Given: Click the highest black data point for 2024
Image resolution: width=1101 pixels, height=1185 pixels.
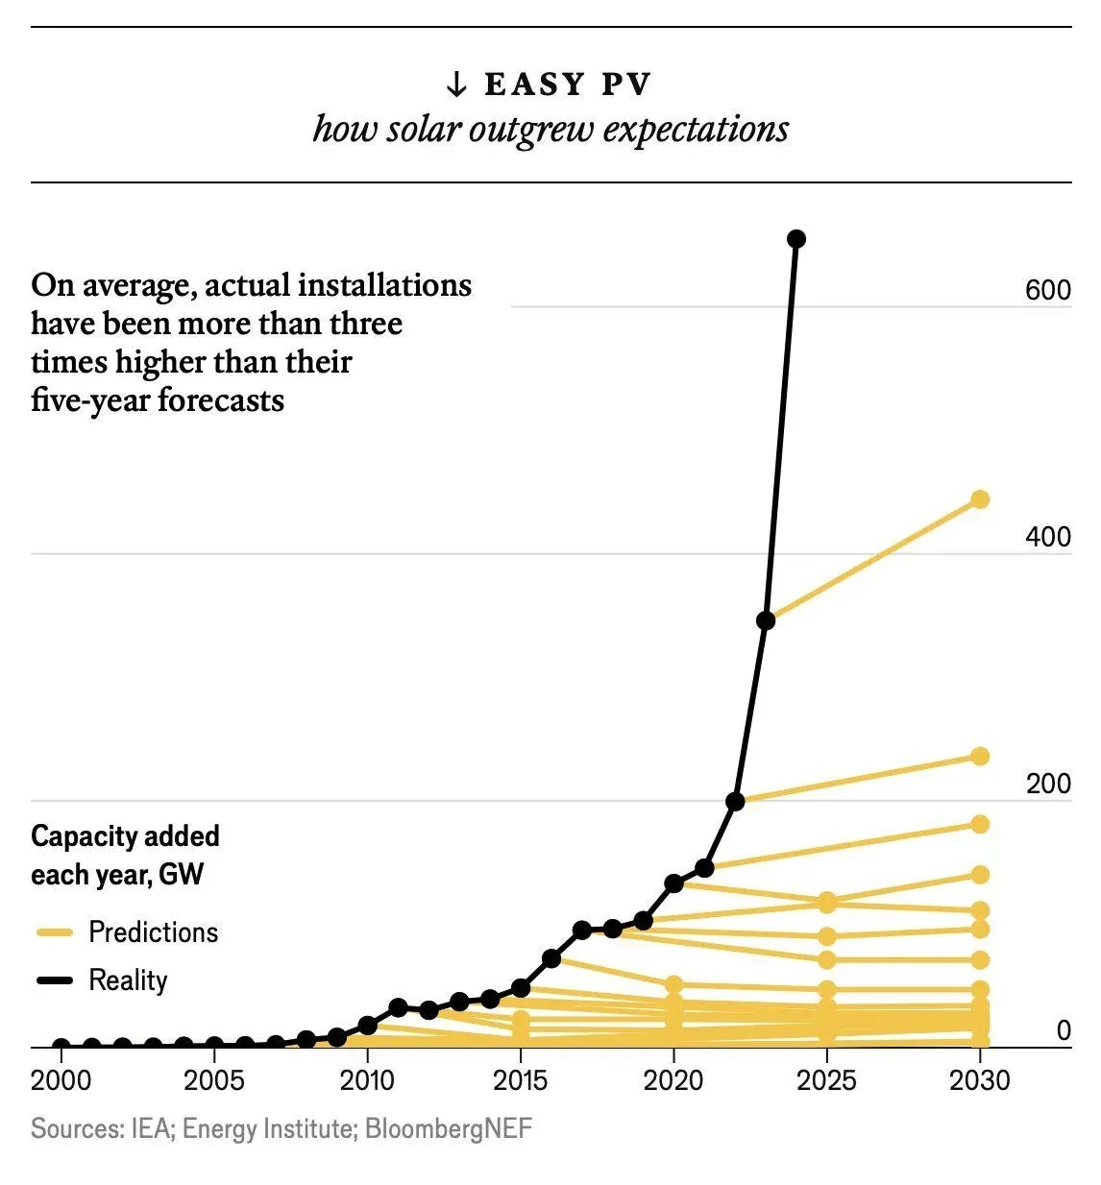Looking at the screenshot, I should click(x=795, y=239).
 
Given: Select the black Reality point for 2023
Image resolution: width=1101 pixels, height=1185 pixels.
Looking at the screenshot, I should click(x=766, y=620).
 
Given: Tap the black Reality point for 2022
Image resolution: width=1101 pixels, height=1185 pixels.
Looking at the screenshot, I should click(x=735, y=801).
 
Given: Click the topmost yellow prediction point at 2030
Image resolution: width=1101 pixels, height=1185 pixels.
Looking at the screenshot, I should click(x=980, y=499).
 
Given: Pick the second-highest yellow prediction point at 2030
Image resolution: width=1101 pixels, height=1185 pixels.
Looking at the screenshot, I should click(x=980, y=757).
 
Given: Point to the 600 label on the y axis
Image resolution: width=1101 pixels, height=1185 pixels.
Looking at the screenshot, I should click(x=1047, y=290).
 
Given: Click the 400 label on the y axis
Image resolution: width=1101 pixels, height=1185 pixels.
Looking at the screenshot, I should click(x=1047, y=537).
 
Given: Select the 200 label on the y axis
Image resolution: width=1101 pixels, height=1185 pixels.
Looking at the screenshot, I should click(x=1047, y=784).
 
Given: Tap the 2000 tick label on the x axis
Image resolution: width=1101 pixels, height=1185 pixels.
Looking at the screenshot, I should click(x=61, y=1080).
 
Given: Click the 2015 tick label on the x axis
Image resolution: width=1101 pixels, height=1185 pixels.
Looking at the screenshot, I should click(x=520, y=1080).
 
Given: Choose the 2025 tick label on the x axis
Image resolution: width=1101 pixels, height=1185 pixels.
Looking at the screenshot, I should click(x=826, y=1080).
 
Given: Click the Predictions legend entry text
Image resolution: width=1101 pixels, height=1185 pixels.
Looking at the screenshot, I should click(x=153, y=932).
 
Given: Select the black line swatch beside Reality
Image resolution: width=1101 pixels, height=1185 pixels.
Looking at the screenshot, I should click(x=55, y=980).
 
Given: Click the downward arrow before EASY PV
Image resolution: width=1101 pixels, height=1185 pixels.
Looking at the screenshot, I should click(x=456, y=85).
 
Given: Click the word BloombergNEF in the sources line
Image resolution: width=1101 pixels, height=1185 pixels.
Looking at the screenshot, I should click(x=448, y=1127).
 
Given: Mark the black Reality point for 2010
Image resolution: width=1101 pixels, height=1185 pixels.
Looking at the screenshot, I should click(x=367, y=1026).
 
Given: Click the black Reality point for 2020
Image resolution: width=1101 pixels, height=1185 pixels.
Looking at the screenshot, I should click(x=673, y=883).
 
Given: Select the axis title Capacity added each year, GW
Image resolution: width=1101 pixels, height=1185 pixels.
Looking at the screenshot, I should click(x=125, y=855).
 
